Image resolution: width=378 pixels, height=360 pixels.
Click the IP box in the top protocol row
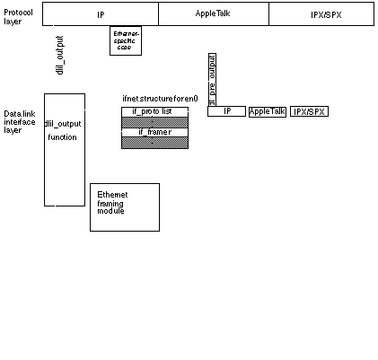point(101,14)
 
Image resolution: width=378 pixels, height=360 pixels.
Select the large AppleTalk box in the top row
point(214,14)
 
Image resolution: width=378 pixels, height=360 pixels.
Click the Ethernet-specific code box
point(126,40)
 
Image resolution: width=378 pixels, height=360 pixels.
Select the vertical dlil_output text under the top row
point(60,56)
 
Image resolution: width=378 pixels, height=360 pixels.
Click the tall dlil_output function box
point(65,149)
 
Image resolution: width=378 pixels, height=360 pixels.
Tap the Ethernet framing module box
point(124,207)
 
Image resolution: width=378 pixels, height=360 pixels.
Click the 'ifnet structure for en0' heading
point(160,98)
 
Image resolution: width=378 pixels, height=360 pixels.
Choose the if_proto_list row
point(154,111)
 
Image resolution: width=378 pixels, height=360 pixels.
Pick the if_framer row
point(154,132)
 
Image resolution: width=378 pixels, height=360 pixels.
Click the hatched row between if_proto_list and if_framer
point(154,121)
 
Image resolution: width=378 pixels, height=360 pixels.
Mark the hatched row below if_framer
point(154,143)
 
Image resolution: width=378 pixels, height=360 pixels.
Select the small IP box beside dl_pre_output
point(226,111)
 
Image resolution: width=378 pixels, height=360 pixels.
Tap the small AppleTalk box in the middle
point(267,111)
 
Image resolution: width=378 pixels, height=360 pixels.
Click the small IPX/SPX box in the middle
point(310,111)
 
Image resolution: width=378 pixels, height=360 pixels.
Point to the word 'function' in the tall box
point(62,137)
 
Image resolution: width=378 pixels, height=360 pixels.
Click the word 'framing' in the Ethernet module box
point(110,203)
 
